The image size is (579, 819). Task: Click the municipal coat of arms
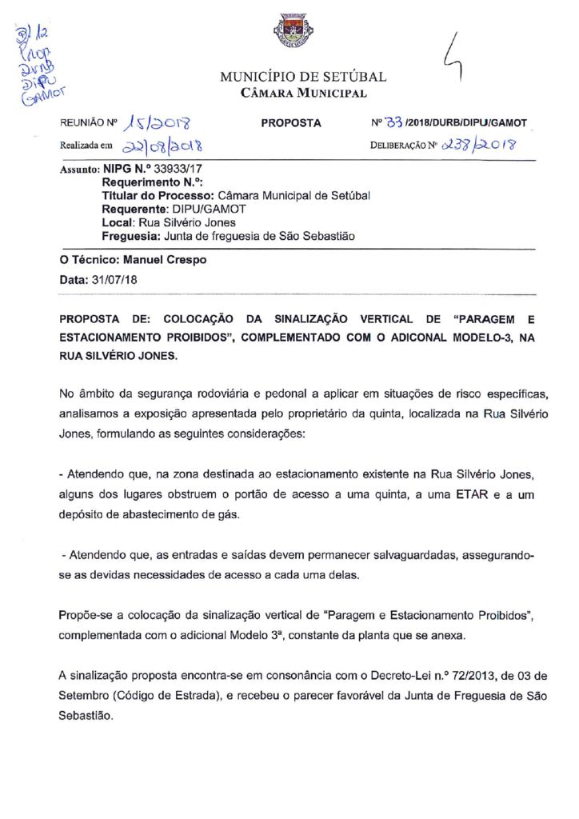click(x=289, y=33)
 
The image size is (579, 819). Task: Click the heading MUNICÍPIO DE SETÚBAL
click(x=303, y=78)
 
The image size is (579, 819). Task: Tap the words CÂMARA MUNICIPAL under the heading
click(x=304, y=94)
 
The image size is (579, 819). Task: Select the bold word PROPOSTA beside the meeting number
click(x=291, y=123)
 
